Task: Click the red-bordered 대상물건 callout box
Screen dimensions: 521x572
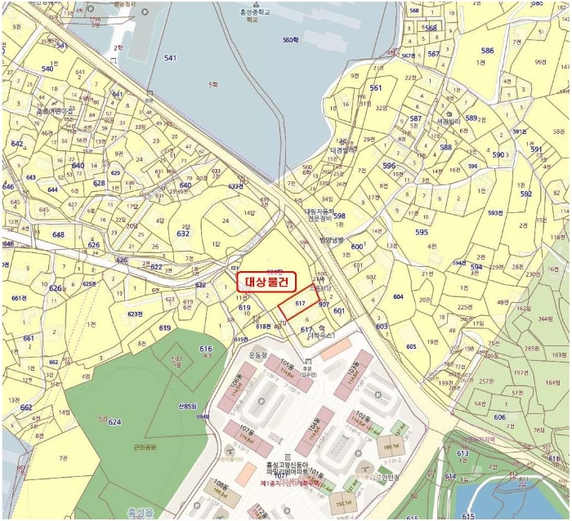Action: tap(264, 282)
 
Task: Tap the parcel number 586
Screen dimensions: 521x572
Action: tap(487, 51)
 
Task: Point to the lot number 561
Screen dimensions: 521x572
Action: tap(375, 87)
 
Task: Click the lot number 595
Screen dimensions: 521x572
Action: tap(421, 232)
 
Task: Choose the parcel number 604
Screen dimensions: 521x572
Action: tap(398, 296)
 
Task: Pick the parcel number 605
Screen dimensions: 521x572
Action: tap(411, 346)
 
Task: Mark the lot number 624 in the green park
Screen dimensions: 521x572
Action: tap(114, 422)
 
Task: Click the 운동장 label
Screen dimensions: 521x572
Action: tap(258, 356)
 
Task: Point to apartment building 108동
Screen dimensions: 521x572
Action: tap(219, 488)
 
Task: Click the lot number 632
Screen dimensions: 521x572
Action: tap(182, 234)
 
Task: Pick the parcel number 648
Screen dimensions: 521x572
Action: tap(58, 235)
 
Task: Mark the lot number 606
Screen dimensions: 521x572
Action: tap(499, 416)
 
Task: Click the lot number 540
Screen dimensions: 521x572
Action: tap(47, 69)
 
